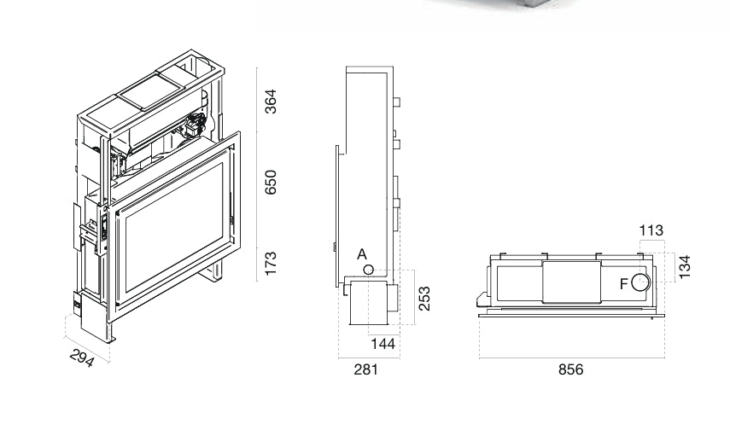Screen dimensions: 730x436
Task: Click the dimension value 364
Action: (271, 101)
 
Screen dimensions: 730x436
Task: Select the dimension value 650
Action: (271, 182)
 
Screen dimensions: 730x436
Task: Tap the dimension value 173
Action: (271, 264)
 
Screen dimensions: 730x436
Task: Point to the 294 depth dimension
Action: (83, 358)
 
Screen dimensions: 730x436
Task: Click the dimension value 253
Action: (424, 299)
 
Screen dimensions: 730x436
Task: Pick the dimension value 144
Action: (383, 344)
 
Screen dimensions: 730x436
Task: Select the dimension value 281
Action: (366, 369)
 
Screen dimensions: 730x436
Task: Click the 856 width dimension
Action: (571, 369)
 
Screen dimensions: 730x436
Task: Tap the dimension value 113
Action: (651, 230)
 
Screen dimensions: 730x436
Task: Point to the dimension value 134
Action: (685, 267)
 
